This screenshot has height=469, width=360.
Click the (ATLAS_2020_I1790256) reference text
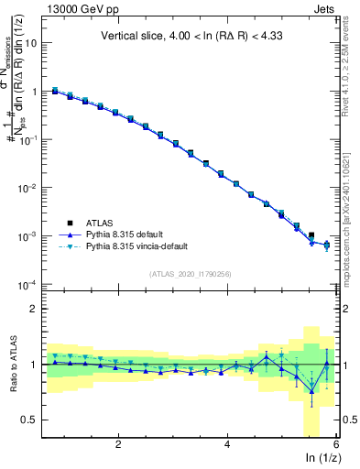192,273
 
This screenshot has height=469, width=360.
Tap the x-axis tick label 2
118,443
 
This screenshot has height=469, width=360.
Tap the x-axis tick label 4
227,443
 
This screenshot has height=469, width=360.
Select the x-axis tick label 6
335,443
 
